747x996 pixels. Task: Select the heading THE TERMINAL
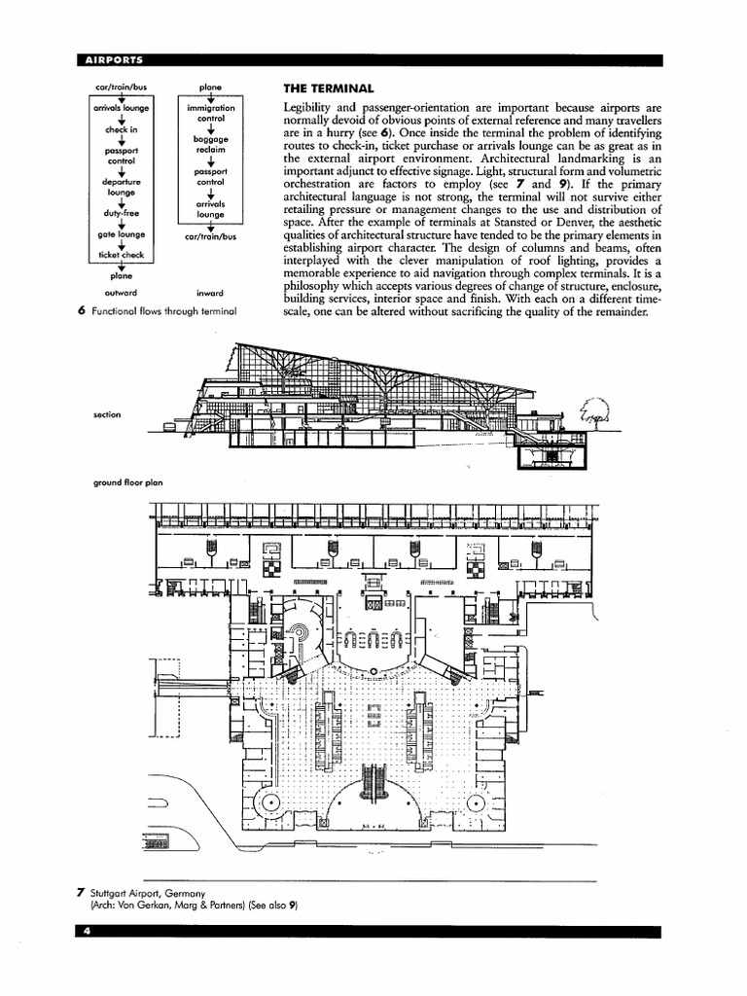pos(328,88)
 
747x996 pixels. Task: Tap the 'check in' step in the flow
pos(122,129)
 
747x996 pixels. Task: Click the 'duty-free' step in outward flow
pos(122,213)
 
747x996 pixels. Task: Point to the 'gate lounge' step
pos(122,234)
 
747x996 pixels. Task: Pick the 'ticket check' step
pos(122,255)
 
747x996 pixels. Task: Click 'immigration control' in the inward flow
pos(210,114)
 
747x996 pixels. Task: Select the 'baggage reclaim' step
pos(210,145)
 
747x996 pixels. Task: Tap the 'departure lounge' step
pos(122,187)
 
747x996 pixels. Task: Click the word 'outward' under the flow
pos(121,292)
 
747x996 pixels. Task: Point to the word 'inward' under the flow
pos(210,292)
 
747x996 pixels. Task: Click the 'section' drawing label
pos(107,415)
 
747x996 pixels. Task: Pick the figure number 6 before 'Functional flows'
pos(82,311)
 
